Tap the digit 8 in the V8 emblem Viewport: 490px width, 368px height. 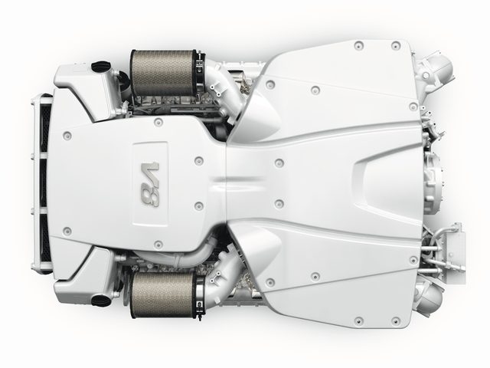(x=150, y=195)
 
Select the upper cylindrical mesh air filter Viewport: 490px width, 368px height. (x=163, y=73)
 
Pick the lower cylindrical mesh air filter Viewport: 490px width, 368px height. (x=163, y=294)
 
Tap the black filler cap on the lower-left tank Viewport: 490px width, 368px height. (x=101, y=301)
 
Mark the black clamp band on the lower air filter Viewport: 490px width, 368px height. (x=200, y=294)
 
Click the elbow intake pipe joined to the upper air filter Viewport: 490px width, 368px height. (x=225, y=87)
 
